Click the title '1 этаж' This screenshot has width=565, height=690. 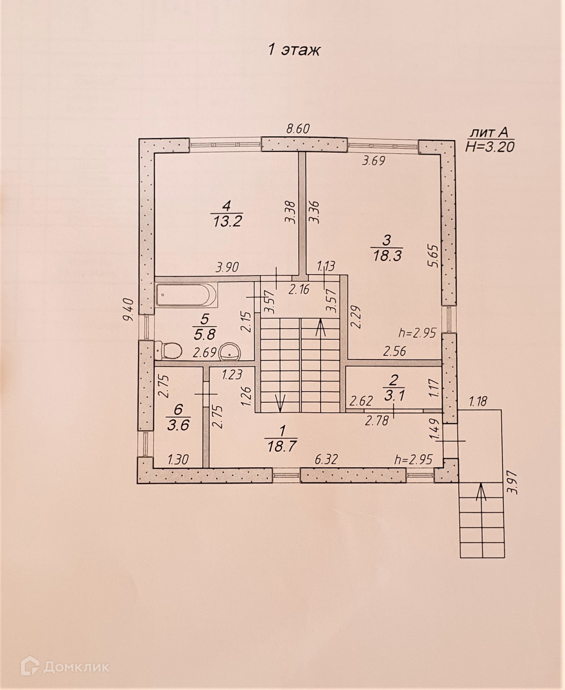coord(294,50)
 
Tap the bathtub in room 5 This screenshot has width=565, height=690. coord(187,295)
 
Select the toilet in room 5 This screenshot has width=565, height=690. coord(169,350)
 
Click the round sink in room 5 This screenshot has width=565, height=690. coord(230,351)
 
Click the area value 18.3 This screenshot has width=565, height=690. coord(387,255)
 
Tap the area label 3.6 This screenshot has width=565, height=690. coord(178,426)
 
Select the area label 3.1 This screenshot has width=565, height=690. coord(394,396)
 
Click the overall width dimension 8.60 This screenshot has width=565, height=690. coord(298,129)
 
